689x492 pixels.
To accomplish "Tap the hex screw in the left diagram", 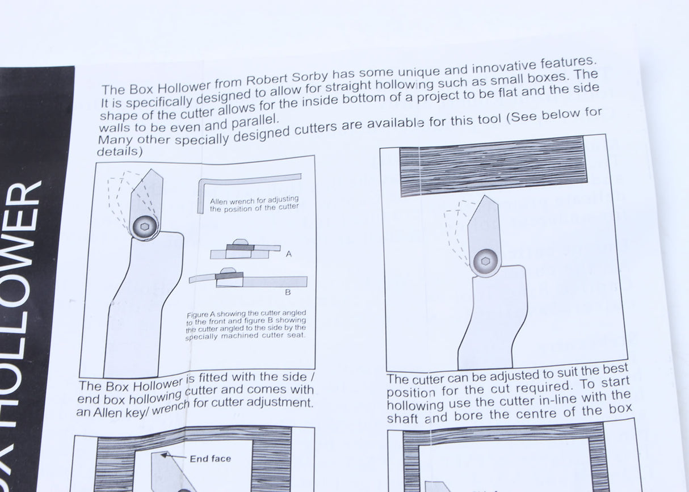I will tap(144, 226).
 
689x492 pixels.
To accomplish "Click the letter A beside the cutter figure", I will tap(289, 254).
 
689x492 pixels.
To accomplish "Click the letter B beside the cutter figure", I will tap(288, 293).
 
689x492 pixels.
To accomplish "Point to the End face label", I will tap(211, 459).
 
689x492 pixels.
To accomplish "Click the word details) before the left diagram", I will tap(119, 152).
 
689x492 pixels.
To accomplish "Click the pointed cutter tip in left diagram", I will tap(151, 172).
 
